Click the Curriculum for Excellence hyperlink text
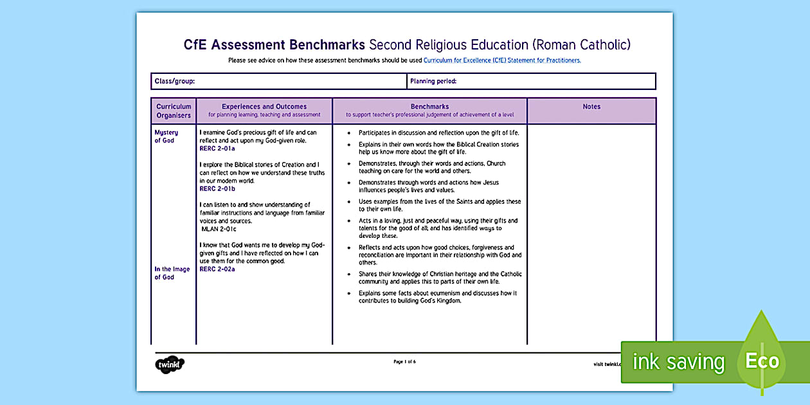502,60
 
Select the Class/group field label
174,82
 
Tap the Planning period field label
433,82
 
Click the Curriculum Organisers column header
174,111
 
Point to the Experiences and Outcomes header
264,107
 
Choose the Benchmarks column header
429,107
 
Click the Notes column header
591,107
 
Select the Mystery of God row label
165,136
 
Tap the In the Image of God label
172,273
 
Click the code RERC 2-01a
217,148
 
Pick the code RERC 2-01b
217,189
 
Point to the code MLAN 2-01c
219,229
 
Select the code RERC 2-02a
217,269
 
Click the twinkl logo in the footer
170,364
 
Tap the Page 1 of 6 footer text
404,362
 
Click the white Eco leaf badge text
762,361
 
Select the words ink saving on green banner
678,362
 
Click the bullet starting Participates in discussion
438,132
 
